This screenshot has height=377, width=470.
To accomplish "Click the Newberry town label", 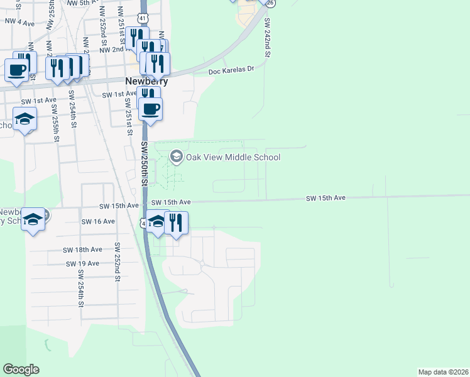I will pyautogui.click(x=146, y=81).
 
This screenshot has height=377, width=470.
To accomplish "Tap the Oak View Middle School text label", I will pyautogui.click(x=233, y=157).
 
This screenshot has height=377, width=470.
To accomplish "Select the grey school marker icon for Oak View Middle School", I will pyautogui.click(x=177, y=156).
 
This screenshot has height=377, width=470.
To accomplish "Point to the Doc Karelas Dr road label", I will pyautogui.click(x=231, y=71).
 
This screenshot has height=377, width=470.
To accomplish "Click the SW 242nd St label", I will pyautogui.click(x=268, y=38).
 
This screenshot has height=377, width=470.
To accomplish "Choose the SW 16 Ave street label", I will pyautogui.click(x=99, y=221).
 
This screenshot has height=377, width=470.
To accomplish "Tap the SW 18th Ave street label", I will pyautogui.click(x=83, y=249).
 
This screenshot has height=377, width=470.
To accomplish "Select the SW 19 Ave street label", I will pyautogui.click(x=83, y=263).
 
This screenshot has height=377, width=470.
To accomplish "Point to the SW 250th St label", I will pyautogui.click(x=144, y=163).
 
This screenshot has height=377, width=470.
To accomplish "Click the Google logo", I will pyautogui.click(x=21, y=369).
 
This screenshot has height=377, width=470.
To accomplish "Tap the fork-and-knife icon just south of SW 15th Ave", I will pyautogui.click(x=176, y=223).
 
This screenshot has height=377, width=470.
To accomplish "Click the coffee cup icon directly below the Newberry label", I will pyautogui.click(x=150, y=109).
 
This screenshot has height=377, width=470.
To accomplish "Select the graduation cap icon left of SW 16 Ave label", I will pyautogui.click(x=33, y=219).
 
